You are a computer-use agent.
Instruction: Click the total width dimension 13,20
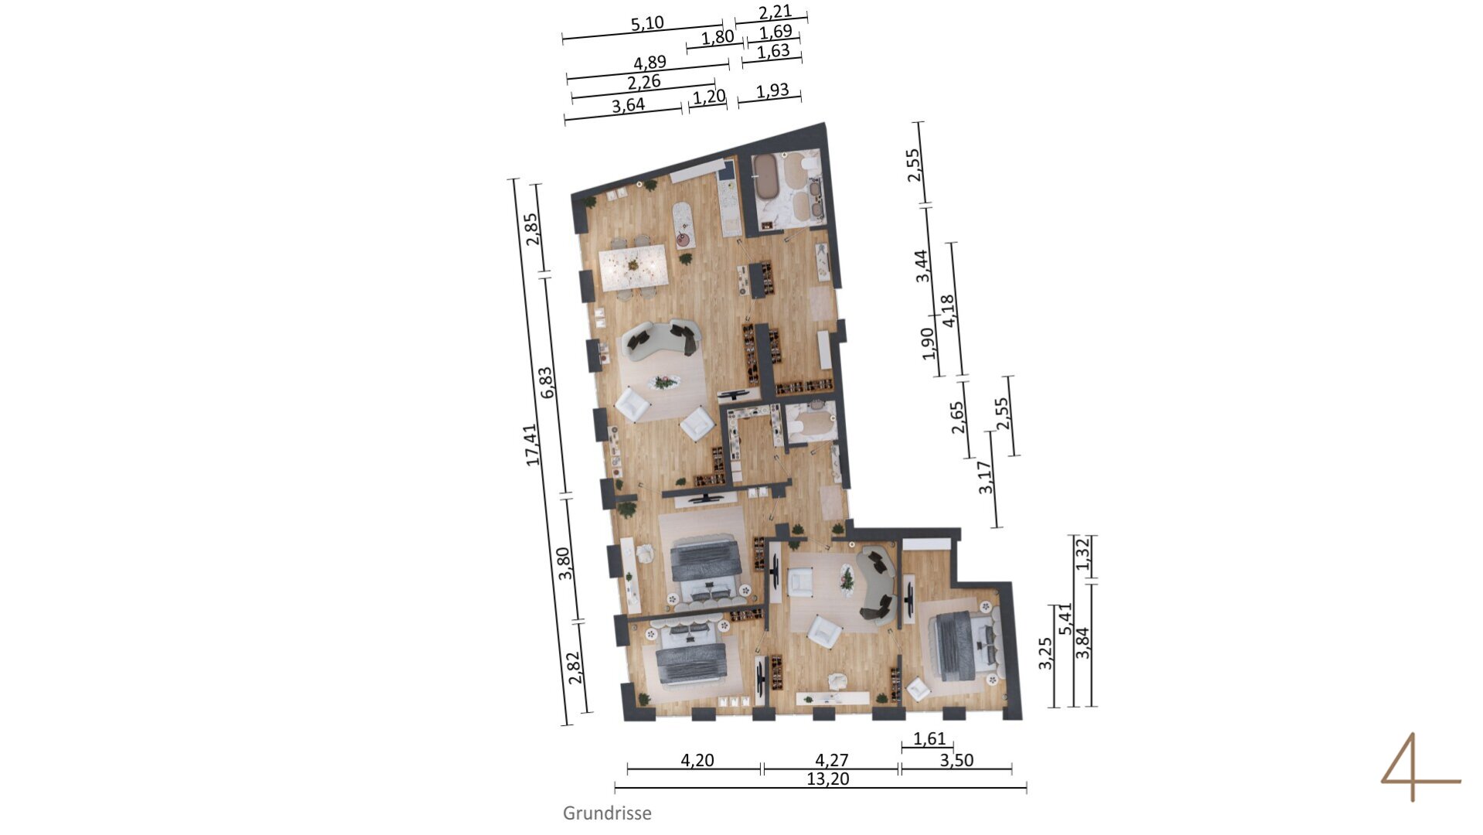827,779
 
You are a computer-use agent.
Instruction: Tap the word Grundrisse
607,813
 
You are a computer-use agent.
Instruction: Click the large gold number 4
1420,767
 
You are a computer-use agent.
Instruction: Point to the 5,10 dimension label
647,23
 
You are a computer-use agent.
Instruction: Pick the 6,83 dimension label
548,382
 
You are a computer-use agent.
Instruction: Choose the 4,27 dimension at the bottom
831,760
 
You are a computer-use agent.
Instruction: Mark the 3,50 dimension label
956,760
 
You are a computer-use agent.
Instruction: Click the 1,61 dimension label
929,739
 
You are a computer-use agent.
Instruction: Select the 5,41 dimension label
1067,619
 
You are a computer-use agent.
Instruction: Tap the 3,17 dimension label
985,477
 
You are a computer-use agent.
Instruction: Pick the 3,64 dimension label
628,105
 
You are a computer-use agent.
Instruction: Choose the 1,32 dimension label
1082,554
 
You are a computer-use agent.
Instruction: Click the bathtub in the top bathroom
767,177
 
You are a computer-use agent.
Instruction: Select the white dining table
633,267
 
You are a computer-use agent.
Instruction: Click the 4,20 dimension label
697,760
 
